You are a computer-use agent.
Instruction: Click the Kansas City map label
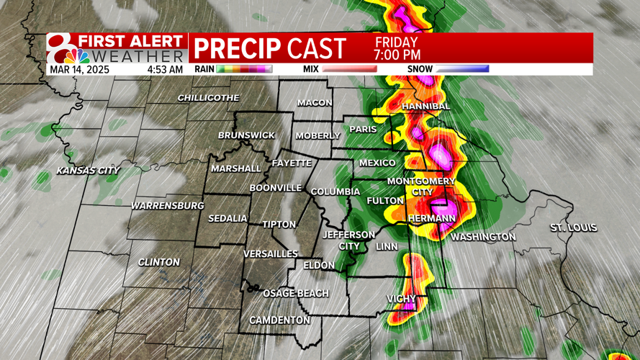click(89, 171)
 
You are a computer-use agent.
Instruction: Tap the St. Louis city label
click(573, 228)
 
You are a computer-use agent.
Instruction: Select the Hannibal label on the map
click(425, 107)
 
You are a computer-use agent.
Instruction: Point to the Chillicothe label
click(208, 98)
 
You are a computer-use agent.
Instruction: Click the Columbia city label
click(335, 192)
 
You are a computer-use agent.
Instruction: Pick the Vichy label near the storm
click(402, 299)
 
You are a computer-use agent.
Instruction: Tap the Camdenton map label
click(279, 320)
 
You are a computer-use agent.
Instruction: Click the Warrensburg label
click(167, 206)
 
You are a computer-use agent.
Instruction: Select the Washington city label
click(483, 237)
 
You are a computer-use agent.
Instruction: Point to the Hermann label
click(432, 218)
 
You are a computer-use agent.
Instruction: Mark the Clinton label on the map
click(158, 262)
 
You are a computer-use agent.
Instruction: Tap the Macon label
click(315, 103)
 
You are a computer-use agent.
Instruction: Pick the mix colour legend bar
click(349, 70)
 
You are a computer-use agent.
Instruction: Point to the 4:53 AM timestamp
click(165, 70)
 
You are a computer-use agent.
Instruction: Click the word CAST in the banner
click(316, 49)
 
